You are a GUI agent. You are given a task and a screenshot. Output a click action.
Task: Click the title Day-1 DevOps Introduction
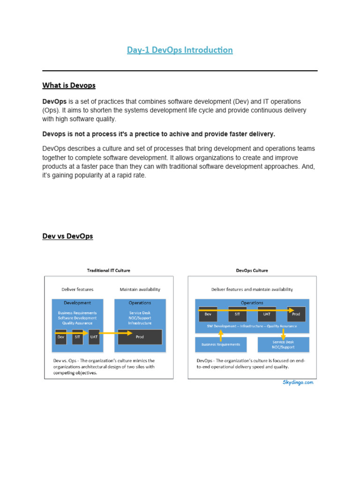tap(180, 50)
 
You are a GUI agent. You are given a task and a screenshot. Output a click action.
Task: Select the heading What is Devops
tap(69, 85)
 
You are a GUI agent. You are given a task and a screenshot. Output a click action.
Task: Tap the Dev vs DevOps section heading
tap(67, 236)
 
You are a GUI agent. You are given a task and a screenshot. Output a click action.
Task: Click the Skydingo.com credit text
tap(297, 382)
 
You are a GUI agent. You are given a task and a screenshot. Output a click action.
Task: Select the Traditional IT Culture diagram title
tap(109, 270)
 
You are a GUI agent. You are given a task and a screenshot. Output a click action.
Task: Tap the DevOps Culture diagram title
tap(252, 270)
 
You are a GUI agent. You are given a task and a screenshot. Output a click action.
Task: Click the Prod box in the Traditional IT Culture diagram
tap(140, 337)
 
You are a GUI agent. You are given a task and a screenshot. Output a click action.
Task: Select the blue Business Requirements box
tap(221, 345)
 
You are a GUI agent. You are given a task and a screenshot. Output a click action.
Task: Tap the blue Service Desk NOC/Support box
tap(283, 345)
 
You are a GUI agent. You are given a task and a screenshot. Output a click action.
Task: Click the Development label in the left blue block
tap(77, 303)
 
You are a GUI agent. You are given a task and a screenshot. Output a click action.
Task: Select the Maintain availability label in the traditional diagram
tap(140, 290)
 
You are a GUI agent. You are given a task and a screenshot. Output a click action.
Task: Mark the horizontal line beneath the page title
tap(180, 71)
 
